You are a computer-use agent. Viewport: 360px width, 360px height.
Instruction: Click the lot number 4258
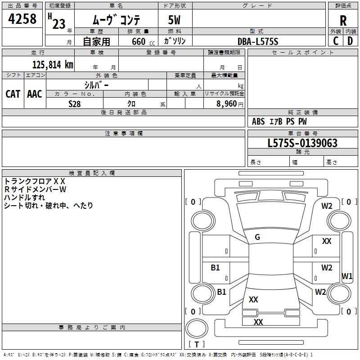click(22, 19)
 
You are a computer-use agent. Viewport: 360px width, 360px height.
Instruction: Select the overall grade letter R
click(343, 21)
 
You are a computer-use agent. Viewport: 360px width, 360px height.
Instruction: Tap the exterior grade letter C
click(336, 41)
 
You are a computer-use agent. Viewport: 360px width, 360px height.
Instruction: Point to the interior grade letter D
click(350, 41)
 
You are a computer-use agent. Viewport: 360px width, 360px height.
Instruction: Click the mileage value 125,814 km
click(53, 64)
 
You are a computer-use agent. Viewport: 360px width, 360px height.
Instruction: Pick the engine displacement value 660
click(138, 41)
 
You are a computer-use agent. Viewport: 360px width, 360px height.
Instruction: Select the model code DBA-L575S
click(258, 41)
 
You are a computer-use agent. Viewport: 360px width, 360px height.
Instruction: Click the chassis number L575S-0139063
click(302, 143)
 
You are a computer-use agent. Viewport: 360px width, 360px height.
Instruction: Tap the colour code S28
click(75, 103)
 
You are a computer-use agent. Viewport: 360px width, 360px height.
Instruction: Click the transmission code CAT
click(13, 94)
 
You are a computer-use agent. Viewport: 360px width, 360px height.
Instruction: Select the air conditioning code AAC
click(35, 94)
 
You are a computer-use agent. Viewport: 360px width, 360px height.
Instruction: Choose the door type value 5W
click(175, 21)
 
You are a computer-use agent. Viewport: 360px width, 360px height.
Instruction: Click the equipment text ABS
click(258, 121)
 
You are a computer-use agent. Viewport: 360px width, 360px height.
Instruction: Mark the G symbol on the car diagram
click(257, 237)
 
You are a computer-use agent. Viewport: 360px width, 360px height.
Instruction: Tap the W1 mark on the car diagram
click(347, 276)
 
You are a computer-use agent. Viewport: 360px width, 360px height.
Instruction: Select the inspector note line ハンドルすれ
click(25, 198)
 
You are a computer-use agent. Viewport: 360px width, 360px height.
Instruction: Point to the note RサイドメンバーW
click(35, 189)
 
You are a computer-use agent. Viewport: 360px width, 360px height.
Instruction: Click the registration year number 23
click(59, 23)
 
